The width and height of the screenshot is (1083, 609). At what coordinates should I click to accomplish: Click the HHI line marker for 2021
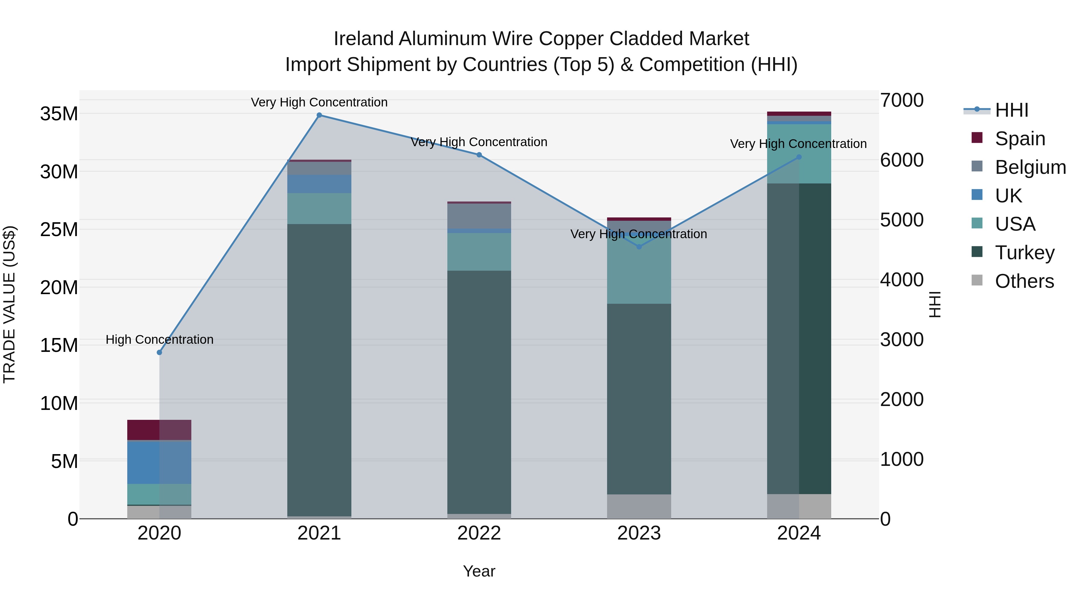[x=319, y=115]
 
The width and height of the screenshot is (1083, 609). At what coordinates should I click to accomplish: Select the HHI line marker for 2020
[x=159, y=352]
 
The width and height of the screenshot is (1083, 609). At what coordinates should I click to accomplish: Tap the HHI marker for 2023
[x=639, y=247]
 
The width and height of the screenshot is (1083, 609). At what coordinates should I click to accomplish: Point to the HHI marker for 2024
[x=799, y=157]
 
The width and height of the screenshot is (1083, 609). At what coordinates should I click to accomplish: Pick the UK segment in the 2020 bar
[x=159, y=462]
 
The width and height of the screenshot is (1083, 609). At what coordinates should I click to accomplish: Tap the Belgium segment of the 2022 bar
[x=479, y=216]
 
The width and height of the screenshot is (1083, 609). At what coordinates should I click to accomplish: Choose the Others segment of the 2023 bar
[x=639, y=506]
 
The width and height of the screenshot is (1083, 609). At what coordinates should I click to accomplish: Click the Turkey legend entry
[x=1025, y=253]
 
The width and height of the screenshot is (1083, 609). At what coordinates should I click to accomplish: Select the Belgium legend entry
[x=1030, y=167]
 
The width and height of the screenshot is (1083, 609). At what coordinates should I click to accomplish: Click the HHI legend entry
[x=1011, y=110]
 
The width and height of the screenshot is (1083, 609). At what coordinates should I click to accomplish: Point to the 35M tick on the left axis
[x=59, y=114]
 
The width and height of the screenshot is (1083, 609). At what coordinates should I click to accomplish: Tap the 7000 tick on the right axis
[x=902, y=100]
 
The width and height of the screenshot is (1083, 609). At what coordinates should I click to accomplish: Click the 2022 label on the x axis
[x=479, y=533]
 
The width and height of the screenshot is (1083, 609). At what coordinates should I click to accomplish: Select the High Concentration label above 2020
[x=159, y=339]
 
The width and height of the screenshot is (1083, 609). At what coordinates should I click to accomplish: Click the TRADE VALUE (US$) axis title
[x=9, y=304]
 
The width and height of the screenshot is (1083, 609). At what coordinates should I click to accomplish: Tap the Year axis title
[x=479, y=571]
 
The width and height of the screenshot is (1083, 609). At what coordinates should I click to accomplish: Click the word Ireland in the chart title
[x=364, y=39]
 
